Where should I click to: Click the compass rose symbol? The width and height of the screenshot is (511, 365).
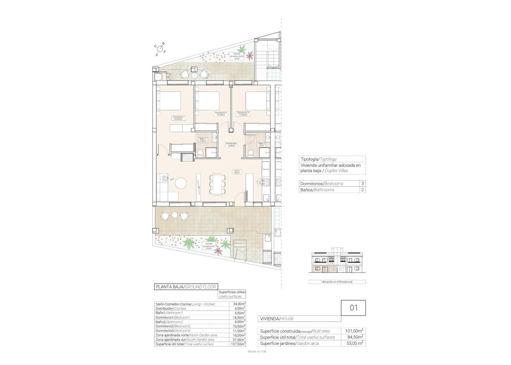coord(160,49)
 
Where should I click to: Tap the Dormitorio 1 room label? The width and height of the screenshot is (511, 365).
coord(179,118)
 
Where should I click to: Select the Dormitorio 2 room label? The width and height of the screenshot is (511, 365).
coord(221,114)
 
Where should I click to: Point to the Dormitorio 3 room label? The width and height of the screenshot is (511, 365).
coord(243,114)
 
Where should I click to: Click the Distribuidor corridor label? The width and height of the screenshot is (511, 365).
coord(231,145)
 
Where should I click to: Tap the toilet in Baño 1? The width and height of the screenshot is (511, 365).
coord(200,153)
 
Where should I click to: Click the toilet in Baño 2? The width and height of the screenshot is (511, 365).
coord(250,153)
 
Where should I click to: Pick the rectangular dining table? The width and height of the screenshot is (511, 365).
coord(217,185)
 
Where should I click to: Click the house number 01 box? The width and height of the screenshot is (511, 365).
coord(353,308)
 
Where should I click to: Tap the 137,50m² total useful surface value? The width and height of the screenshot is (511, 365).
coord(237,344)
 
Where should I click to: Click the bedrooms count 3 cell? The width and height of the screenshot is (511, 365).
coord(362,184)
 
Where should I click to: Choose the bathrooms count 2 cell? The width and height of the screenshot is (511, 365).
coord(362,190)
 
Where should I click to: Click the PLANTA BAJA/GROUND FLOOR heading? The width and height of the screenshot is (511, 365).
coord(186,287)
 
